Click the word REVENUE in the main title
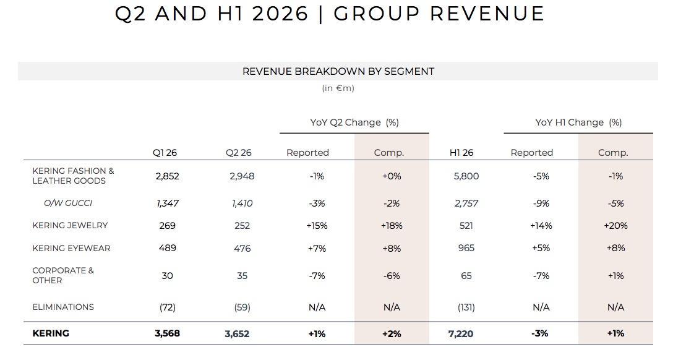[487, 14]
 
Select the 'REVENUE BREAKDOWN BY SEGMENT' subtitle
[338, 71]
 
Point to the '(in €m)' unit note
[338, 88]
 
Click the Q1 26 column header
[165, 153]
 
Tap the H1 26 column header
[461, 153]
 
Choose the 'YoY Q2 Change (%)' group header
[354, 122]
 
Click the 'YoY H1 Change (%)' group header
[578, 122]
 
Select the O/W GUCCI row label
[68, 203]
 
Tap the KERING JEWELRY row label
[70, 225]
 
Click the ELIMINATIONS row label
[63, 307]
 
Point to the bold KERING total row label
[51, 333]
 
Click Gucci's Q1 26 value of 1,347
[168, 204]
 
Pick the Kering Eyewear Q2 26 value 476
[242, 249]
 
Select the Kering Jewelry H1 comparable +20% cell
[615, 226]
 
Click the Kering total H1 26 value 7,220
[461, 334]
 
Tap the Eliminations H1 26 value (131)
[466, 307]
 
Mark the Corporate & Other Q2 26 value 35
[242, 276]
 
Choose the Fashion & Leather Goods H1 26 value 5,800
[466, 176]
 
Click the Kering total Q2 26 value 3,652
[237, 334]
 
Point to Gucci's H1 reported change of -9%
[541, 204]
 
